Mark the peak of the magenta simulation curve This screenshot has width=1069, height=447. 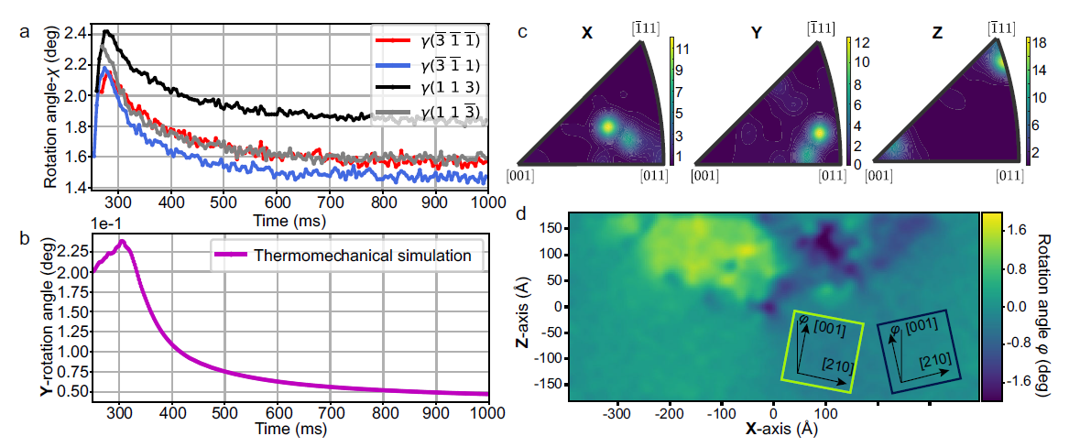(x=121, y=242)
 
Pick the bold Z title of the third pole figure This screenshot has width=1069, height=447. (x=934, y=36)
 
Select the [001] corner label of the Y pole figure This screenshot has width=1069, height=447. (x=704, y=174)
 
